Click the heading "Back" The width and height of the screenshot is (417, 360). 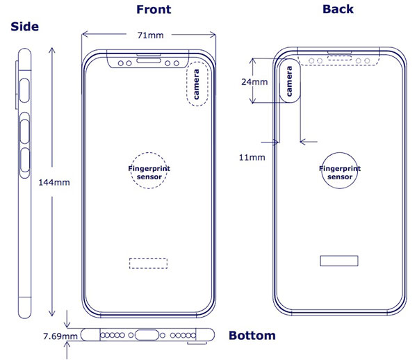tap(338, 9)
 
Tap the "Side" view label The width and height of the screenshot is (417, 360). tap(24, 26)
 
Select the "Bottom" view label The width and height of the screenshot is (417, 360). tap(252, 336)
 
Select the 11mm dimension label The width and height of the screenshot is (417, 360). tap(252, 158)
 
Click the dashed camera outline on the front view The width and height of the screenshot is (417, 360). tap(198, 87)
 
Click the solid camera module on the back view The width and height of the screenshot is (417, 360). tap(290, 81)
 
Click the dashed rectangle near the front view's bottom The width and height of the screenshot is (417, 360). tap(148, 263)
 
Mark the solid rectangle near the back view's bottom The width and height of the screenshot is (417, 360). tap(338, 260)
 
